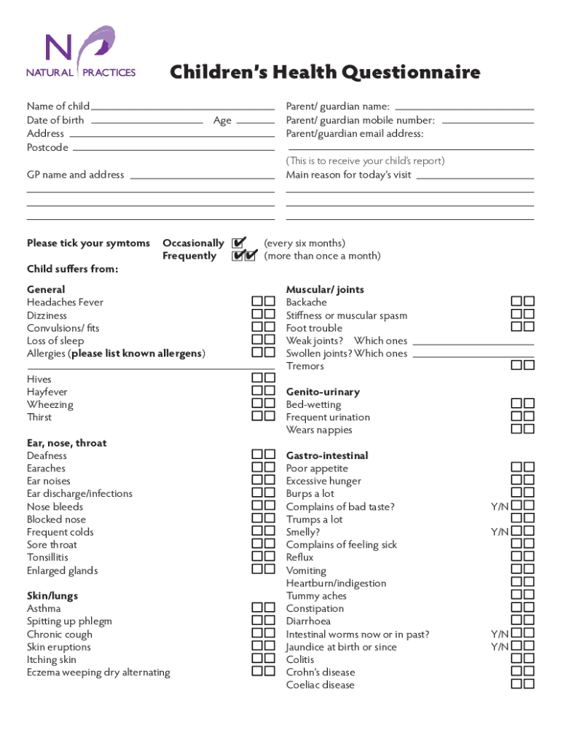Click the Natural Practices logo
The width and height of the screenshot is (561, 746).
pyautogui.click(x=81, y=52)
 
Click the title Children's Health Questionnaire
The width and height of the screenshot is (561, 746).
pyautogui.click(x=325, y=73)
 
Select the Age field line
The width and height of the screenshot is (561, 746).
pyautogui.click(x=256, y=122)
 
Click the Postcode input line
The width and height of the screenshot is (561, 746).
pyautogui.click(x=173, y=149)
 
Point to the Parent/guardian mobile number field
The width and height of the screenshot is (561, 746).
pyautogui.click(x=487, y=122)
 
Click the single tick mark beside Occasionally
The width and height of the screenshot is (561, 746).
pyautogui.click(x=238, y=243)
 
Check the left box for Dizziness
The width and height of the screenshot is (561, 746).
pyautogui.click(x=257, y=315)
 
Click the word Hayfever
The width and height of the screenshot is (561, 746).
pyautogui.click(x=47, y=392)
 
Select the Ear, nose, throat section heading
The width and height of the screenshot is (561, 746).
pyautogui.click(x=66, y=443)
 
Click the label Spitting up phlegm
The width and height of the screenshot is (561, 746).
pyautogui.click(x=69, y=621)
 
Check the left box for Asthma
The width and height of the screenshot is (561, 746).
pyautogui.click(x=257, y=608)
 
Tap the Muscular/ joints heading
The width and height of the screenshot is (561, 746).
pyautogui.click(x=325, y=289)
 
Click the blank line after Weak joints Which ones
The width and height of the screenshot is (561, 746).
pyautogui.click(x=473, y=343)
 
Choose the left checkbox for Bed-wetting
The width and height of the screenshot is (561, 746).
pyautogui.click(x=517, y=404)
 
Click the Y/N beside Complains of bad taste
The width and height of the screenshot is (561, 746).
pyautogui.click(x=500, y=506)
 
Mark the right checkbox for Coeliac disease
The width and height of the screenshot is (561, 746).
pyautogui.click(x=529, y=684)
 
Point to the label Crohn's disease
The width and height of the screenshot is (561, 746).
pyautogui.click(x=321, y=672)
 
